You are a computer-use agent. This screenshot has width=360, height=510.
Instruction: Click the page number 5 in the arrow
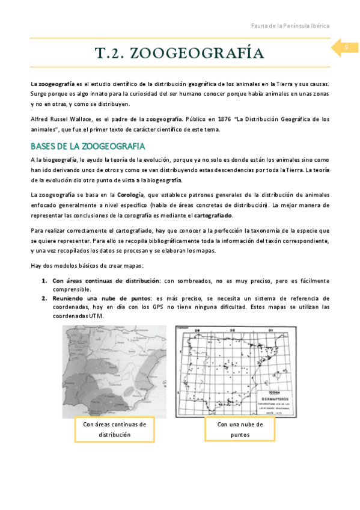(346, 48)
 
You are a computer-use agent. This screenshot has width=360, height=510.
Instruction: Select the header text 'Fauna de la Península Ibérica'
(290, 26)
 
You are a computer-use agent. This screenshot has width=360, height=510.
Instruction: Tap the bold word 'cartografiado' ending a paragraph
(213, 216)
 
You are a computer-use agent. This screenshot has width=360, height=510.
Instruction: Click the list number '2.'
(44, 298)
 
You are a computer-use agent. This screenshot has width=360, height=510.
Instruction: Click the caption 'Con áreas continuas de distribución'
(114, 429)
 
